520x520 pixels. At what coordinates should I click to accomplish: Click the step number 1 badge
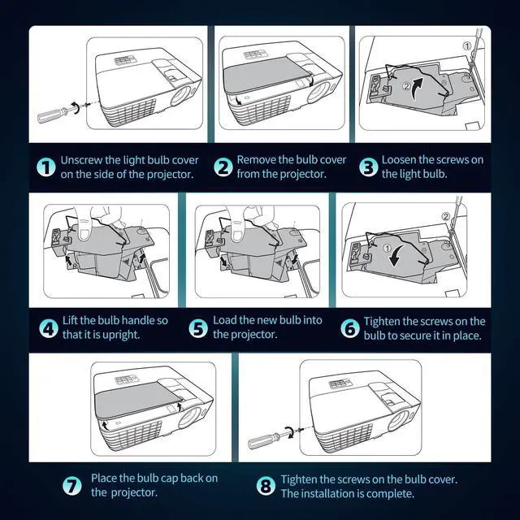point(46,167)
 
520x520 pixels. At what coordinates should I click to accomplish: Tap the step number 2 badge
point(223,167)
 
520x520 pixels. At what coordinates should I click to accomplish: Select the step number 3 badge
point(368,167)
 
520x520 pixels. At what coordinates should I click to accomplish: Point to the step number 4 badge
point(49,328)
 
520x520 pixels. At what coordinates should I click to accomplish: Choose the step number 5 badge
point(198,328)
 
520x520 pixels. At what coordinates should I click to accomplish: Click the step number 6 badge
point(350,328)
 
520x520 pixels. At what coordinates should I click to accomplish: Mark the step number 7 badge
point(72,486)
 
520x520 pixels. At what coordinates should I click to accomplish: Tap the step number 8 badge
point(266,486)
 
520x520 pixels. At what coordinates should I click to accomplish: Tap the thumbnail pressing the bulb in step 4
point(84,233)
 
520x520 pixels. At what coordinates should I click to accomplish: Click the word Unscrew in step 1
point(81,160)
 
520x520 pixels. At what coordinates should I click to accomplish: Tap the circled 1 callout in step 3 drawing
point(466,45)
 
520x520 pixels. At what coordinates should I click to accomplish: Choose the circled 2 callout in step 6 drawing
point(446,216)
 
